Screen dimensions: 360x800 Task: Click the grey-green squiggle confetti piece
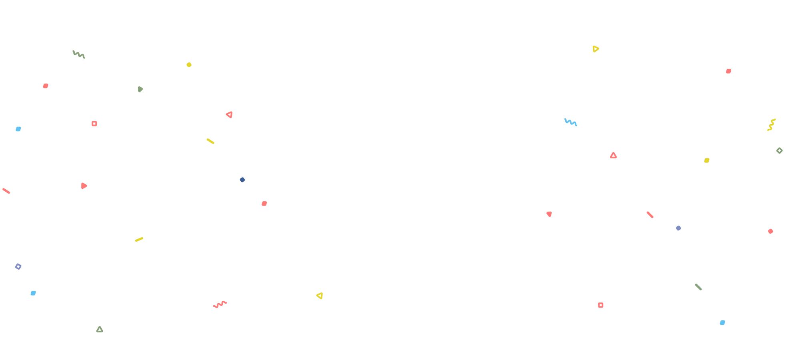79,54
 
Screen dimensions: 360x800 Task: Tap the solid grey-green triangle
140,89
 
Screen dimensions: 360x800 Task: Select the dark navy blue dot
242,180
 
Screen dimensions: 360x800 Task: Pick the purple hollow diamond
18,266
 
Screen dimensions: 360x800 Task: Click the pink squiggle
220,304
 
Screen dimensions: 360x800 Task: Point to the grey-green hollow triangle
100,330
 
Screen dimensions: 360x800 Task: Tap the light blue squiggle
570,122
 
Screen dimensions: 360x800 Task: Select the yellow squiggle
771,125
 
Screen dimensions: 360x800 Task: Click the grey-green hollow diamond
779,151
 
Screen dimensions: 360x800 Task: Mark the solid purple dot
678,228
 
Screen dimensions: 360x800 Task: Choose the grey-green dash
698,287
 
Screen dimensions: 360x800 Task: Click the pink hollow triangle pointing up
613,156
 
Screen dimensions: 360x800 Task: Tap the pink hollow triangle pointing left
230,115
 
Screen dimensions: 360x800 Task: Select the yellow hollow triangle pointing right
595,49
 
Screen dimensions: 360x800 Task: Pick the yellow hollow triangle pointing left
320,296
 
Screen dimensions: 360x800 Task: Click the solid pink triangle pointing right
84,186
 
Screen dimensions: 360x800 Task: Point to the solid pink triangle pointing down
549,214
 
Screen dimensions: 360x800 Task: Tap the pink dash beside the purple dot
650,215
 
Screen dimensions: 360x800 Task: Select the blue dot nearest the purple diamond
33,293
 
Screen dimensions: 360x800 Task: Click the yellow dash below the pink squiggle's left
139,240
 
